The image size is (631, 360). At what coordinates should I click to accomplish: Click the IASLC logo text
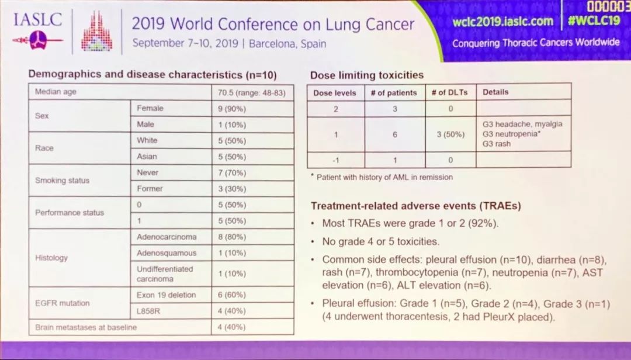coord(37,20)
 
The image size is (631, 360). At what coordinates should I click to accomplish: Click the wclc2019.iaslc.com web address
coord(502,22)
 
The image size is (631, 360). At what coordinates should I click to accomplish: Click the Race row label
coord(44,148)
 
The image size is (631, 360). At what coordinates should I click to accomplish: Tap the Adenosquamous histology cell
coord(167,253)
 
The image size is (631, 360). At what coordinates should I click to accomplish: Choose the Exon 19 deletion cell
coord(167,295)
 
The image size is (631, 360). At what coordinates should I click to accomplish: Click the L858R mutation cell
coord(148,311)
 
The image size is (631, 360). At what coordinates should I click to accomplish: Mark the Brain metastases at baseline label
coord(86,327)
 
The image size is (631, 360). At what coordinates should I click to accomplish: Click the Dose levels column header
coord(335,92)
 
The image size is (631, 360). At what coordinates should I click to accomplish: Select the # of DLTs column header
coord(449,92)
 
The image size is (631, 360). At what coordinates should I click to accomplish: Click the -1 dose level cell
coord(335,159)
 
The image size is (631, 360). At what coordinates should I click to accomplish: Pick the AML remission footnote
coord(383,177)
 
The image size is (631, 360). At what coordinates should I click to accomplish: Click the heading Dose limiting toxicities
coord(367,75)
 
